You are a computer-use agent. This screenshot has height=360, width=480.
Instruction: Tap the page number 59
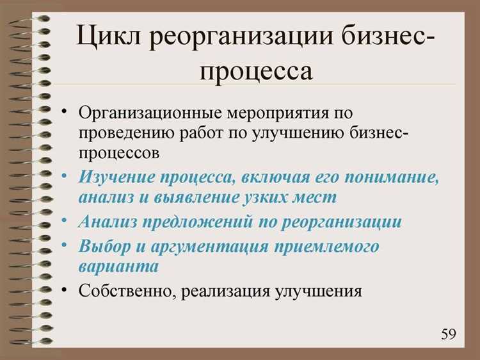(x=448, y=334)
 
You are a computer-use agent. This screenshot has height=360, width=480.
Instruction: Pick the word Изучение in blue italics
(x=116, y=177)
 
